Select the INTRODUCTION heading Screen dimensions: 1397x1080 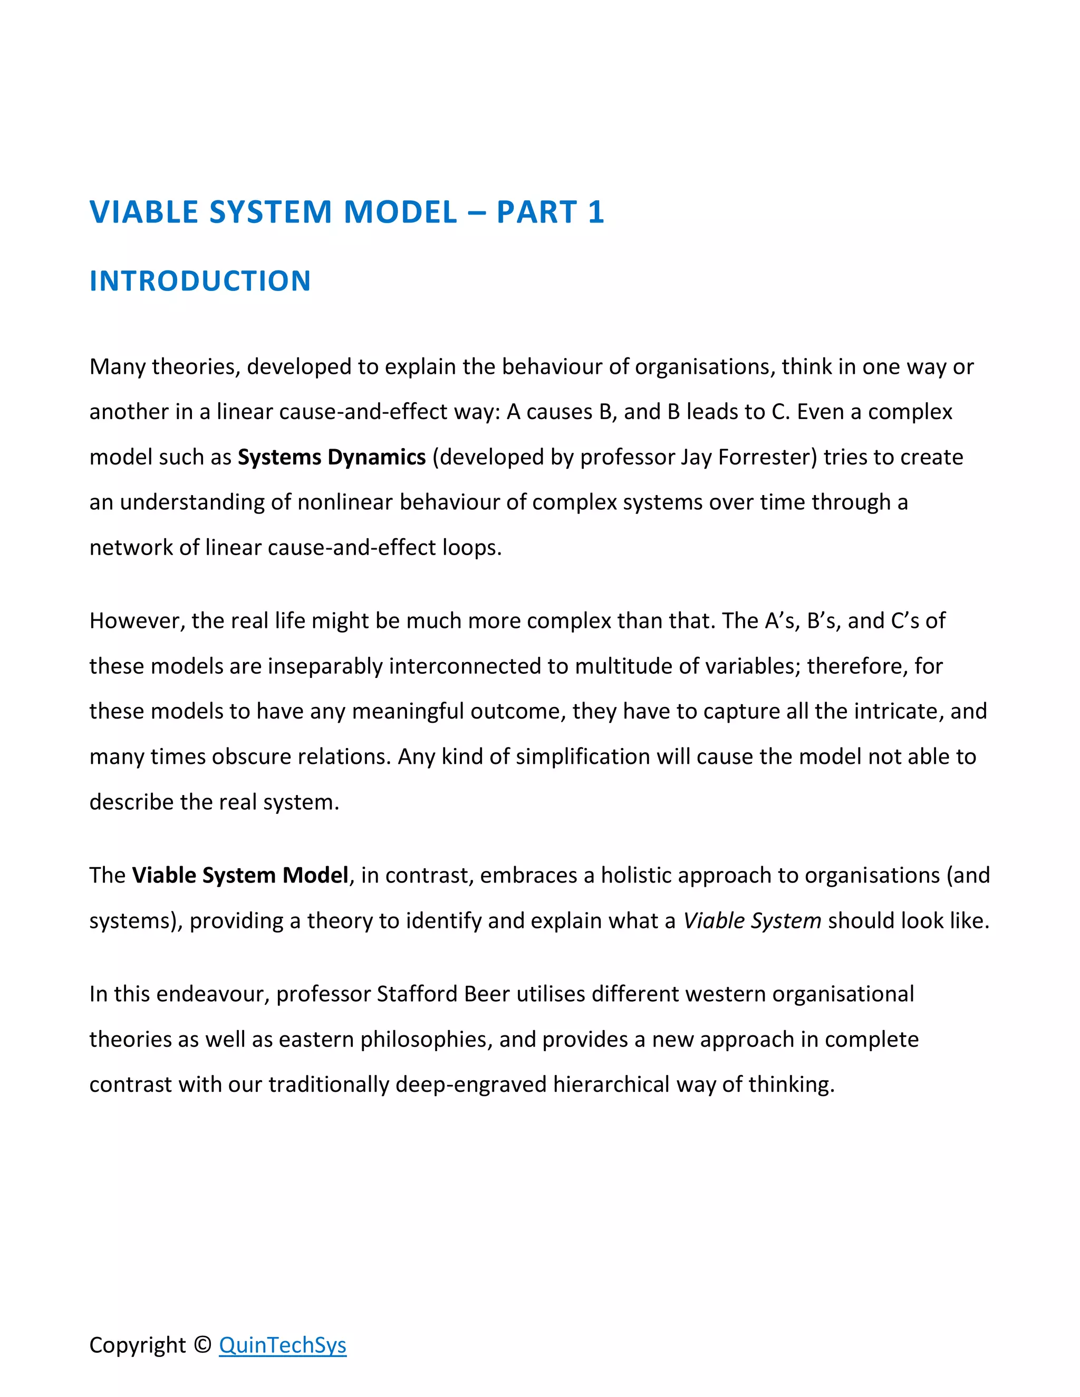click(200, 282)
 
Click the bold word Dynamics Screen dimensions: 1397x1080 click(376, 458)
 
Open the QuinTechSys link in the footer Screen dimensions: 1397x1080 click(282, 1345)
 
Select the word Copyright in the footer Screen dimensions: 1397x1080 click(138, 1345)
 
